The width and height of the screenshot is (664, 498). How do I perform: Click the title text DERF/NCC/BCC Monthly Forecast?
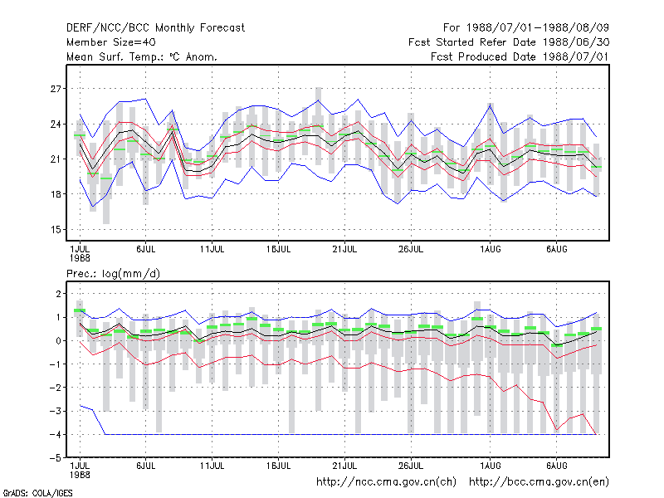coord(155,28)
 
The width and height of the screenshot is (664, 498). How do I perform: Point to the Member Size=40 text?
coord(111,42)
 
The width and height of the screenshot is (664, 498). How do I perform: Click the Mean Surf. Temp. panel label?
coord(142,56)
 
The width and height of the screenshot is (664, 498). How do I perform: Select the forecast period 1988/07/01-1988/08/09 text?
coord(526,28)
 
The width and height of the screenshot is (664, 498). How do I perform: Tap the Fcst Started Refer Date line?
coord(509,42)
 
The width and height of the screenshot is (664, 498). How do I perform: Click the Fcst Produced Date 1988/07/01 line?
coord(520,56)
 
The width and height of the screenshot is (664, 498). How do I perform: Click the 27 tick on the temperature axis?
coord(56,89)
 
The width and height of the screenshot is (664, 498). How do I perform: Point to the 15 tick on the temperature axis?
coord(56,230)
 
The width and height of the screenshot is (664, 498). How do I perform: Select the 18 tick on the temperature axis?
coord(56,194)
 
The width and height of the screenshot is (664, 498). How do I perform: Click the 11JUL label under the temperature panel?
coord(212,250)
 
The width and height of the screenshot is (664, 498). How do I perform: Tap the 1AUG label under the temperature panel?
coord(491,250)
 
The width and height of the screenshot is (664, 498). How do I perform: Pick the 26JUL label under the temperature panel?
coord(411,250)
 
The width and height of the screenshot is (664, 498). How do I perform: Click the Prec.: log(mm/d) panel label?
coord(113,274)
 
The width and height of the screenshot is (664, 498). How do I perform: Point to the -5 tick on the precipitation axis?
coord(55,458)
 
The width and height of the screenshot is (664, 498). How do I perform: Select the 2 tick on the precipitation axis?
coord(58,294)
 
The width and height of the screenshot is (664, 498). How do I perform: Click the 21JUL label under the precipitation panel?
coord(344,466)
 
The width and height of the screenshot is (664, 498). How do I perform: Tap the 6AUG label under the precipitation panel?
coord(556,466)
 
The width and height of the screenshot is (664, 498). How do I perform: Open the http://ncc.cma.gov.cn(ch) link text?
coord(386,482)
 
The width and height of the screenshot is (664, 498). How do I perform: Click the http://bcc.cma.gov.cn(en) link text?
coord(539,482)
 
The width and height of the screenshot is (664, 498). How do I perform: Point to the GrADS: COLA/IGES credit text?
coord(37,493)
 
